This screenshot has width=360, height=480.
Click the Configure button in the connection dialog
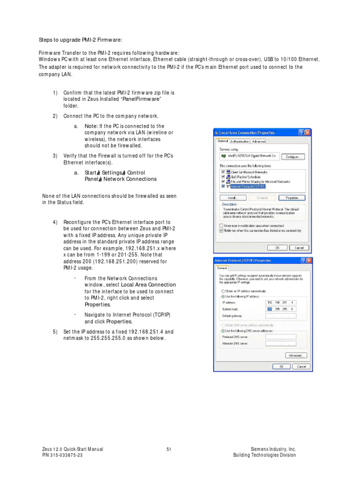tap(292, 157)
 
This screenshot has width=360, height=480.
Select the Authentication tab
tap(240, 141)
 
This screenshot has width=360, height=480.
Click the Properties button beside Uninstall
tap(292, 198)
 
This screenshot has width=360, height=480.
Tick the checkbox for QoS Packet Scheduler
tap(223, 177)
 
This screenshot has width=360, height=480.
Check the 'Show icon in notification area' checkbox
tap(221, 225)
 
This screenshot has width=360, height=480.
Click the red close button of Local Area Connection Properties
tap(307, 133)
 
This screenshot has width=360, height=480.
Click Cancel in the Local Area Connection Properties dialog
tap(299, 247)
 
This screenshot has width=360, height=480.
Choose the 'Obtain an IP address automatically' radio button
tap(223, 291)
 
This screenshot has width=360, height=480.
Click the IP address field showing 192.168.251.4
tap(281, 302)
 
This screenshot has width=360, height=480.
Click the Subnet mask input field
tap(281, 309)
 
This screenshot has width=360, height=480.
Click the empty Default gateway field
tap(281, 316)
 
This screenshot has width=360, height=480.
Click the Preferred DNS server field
tap(281, 337)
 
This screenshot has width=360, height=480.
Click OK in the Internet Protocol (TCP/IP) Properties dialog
tap(281, 367)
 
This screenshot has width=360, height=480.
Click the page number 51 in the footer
tap(169, 450)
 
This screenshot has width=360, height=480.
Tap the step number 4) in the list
tap(55, 222)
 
